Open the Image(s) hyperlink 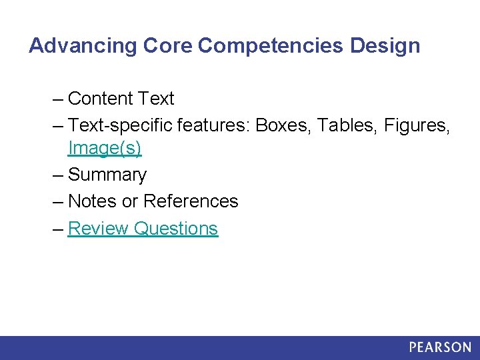coord(105,148)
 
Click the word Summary coord(107,175)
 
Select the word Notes coord(93,201)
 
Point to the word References coord(191,201)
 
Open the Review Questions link coord(143,228)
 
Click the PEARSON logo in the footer coord(440,347)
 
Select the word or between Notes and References coord(131,201)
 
